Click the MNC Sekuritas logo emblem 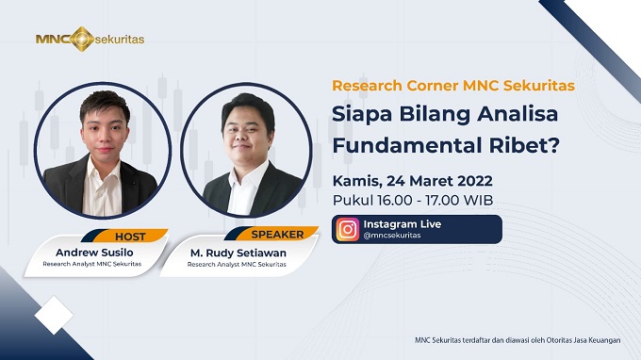point(82,39)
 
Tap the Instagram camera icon point(348,229)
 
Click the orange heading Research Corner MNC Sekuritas point(453,85)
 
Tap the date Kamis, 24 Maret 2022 point(412,180)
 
